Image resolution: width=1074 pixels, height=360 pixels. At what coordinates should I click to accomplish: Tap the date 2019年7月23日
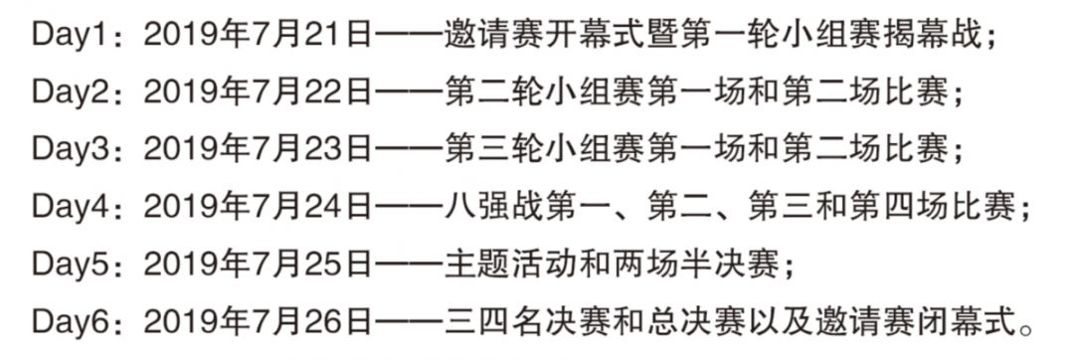[x=257, y=150]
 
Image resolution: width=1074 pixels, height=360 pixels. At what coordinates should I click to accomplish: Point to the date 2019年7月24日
[x=257, y=208]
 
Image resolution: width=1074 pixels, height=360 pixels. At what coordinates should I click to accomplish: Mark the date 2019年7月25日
[x=257, y=265]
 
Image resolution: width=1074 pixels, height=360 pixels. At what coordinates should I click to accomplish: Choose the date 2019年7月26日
[x=257, y=322]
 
